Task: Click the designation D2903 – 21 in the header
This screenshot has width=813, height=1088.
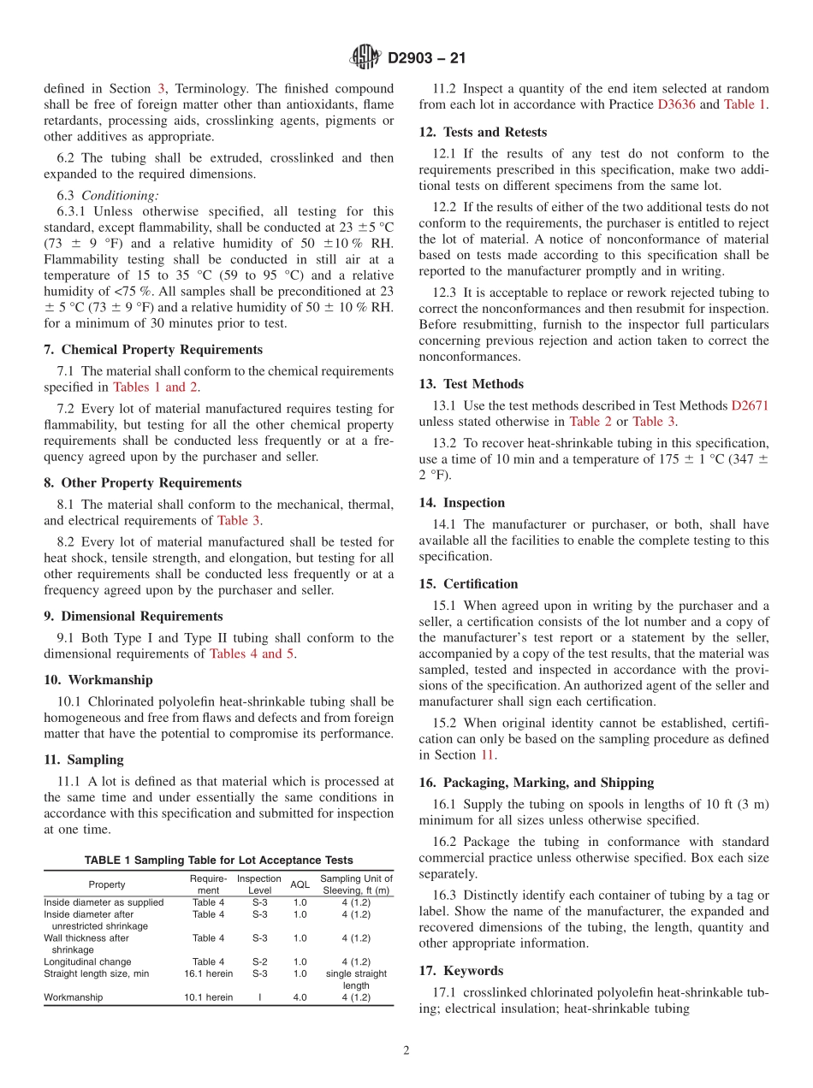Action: (426, 59)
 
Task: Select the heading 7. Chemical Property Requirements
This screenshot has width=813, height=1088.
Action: (153, 350)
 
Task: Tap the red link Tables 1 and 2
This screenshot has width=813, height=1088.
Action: (155, 387)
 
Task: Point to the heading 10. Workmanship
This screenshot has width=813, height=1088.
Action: (98, 680)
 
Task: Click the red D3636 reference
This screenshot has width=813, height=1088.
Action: (676, 105)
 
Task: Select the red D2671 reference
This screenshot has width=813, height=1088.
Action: (750, 405)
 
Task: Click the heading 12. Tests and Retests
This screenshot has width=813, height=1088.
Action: (483, 132)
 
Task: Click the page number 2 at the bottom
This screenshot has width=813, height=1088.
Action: (406, 1050)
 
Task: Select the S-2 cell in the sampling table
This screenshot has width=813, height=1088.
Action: (259, 961)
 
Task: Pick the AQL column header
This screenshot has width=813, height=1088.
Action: (300, 884)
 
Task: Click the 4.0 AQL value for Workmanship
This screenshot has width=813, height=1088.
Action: (300, 997)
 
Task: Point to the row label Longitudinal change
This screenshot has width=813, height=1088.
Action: (87, 961)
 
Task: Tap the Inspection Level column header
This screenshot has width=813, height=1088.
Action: (258, 884)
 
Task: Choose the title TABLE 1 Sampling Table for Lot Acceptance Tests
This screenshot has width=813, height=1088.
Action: (218, 860)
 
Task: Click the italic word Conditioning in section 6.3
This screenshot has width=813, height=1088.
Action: (120, 195)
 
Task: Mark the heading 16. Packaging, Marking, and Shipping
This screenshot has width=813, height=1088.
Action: (537, 783)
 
